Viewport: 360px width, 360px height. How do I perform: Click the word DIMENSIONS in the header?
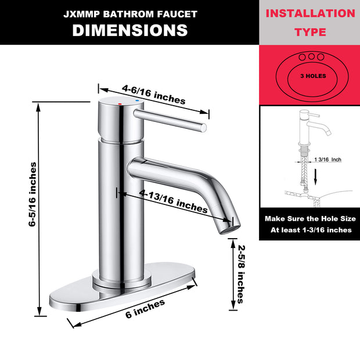(x=129, y=30)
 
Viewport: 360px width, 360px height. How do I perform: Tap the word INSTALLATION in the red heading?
(x=310, y=13)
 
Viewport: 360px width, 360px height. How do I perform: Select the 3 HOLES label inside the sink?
(x=312, y=76)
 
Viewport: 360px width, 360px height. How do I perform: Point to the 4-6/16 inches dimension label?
(x=153, y=95)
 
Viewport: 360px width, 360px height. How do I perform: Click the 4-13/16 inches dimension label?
(x=174, y=200)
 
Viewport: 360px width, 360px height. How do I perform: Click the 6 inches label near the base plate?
(x=145, y=308)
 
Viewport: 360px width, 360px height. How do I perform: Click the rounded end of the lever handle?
(x=204, y=127)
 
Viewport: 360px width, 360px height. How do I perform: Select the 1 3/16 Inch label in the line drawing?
(x=328, y=159)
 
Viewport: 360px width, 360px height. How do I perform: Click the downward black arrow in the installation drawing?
(x=315, y=175)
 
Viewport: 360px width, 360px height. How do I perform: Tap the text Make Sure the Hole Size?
(x=309, y=219)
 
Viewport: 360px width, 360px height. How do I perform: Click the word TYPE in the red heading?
(x=311, y=32)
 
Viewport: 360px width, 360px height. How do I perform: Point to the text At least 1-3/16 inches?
(x=311, y=230)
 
